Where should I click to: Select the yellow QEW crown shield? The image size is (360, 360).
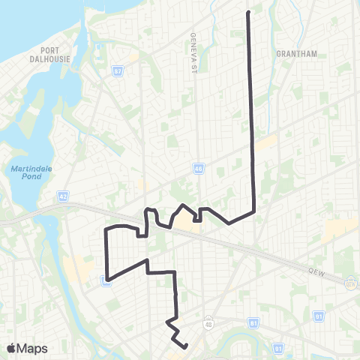pyautogui.click(x=349, y=283)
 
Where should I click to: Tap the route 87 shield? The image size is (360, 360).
pyautogui.click(x=118, y=73)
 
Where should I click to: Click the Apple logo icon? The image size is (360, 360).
pyautogui.click(x=10, y=348)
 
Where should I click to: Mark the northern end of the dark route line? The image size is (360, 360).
pyautogui.click(x=247, y=12)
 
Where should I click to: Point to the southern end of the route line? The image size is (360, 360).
pyautogui.click(x=185, y=346)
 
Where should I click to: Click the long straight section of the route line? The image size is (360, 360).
pyautogui.click(x=251, y=112)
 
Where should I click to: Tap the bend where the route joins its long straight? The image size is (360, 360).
pyautogui.click(x=255, y=212)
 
